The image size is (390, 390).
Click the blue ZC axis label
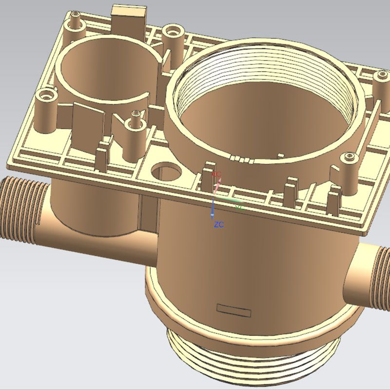click(x=219, y=225)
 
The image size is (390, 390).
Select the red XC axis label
click(x=218, y=174)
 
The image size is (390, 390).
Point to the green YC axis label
click(x=239, y=207)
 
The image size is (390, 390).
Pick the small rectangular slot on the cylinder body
click(x=233, y=309)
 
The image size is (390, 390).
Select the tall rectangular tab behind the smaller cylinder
click(x=130, y=19)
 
